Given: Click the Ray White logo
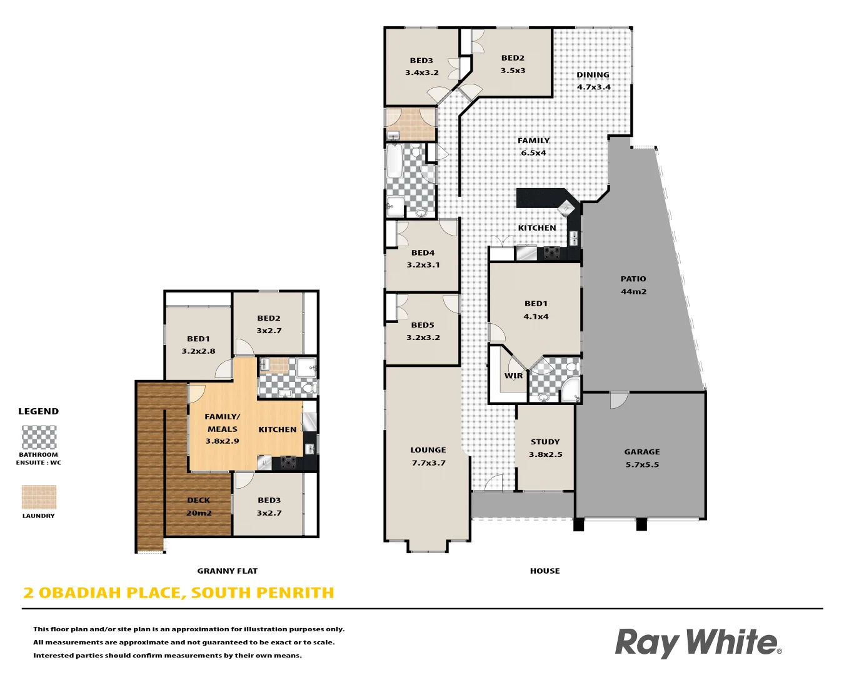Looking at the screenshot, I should tap(698, 642).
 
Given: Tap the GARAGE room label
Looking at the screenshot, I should tap(642, 458).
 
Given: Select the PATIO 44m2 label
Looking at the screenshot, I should tap(633, 285).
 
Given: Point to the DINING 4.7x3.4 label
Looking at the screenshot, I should tap(593, 81).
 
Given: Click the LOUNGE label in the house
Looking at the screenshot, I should tap(428, 456).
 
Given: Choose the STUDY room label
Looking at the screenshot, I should tap(545, 447).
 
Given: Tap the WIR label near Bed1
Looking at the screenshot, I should tap(513, 376).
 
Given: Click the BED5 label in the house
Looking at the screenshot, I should tap(423, 331).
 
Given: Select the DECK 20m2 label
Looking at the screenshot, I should tap(199, 506).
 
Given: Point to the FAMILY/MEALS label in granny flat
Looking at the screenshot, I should tap(223, 429).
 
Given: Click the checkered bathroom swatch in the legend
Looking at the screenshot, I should tap(39, 437).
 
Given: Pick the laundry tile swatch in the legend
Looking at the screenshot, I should tap(39, 497).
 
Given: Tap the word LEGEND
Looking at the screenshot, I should tap(39, 411).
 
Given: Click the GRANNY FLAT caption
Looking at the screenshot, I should tap(228, 571).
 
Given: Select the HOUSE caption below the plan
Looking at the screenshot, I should tap(545, 571).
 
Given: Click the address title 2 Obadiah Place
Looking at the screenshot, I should tap(179, 592).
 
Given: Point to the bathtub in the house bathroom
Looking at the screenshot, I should tap(394, 161).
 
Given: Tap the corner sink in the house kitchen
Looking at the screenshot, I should tap(566, 207).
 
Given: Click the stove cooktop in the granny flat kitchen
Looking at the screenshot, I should tap(288, 462).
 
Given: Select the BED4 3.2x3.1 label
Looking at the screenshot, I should tap(423, 259).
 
